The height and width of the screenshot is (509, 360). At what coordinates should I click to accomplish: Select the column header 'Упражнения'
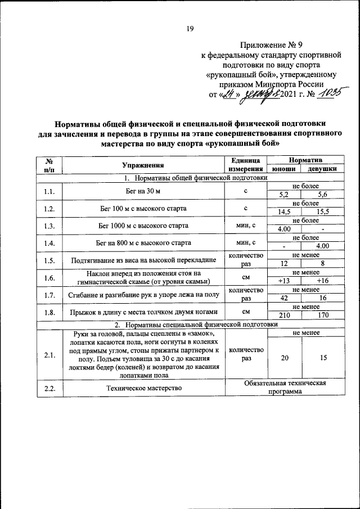tap(143, 165)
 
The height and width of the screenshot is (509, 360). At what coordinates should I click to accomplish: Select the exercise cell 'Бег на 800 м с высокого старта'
tap(143, 243)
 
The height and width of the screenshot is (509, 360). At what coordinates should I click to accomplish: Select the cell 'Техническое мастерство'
tap(143, 388)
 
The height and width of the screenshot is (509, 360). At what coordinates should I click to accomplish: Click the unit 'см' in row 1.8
tap(246, 311)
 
